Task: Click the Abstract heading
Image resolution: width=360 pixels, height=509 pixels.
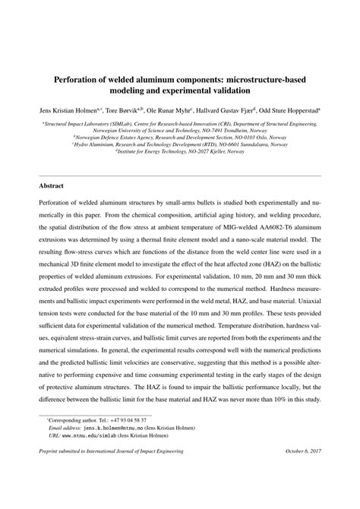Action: (52, 185)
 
